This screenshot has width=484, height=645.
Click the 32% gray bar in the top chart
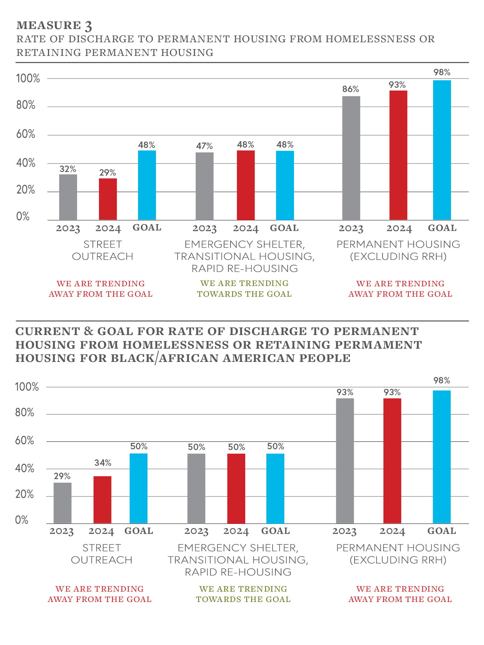pyautogui.click(x=68, y=197)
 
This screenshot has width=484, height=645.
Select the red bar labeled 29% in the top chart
pyautogui.click(x=108, y=199)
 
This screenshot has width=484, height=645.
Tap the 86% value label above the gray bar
pyautogui.click(x=350, y=89)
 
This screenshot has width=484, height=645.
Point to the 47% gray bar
pyautogui.click(x=204, y=186)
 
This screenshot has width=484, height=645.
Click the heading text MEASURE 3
pyautogui.click(x=54, y=25)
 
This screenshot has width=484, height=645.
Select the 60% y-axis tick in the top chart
pyautogui.click(x=25, y=134)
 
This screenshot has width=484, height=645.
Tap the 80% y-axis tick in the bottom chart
pyautogui.click(x=24, y=413)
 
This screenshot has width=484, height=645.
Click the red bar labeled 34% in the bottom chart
pyautogui.click(x=102, y=500)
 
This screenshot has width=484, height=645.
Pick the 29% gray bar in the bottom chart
pyautogui.click(x=62, y=503)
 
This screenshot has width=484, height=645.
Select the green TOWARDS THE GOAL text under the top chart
pyautogui.click(x=244, y=294)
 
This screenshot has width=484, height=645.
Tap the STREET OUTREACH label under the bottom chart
pyautogui.click(x=101, y=554)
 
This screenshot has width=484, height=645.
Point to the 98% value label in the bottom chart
pyautogui.click(x=441, y=381)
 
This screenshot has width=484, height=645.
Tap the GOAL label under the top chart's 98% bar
pyautogui.click(x=442, y=228)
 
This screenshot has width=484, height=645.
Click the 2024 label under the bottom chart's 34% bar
pyautogui.click(x=101, y=531)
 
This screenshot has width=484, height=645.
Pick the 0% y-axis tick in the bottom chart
pyautogui.click(x=22, y=520)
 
